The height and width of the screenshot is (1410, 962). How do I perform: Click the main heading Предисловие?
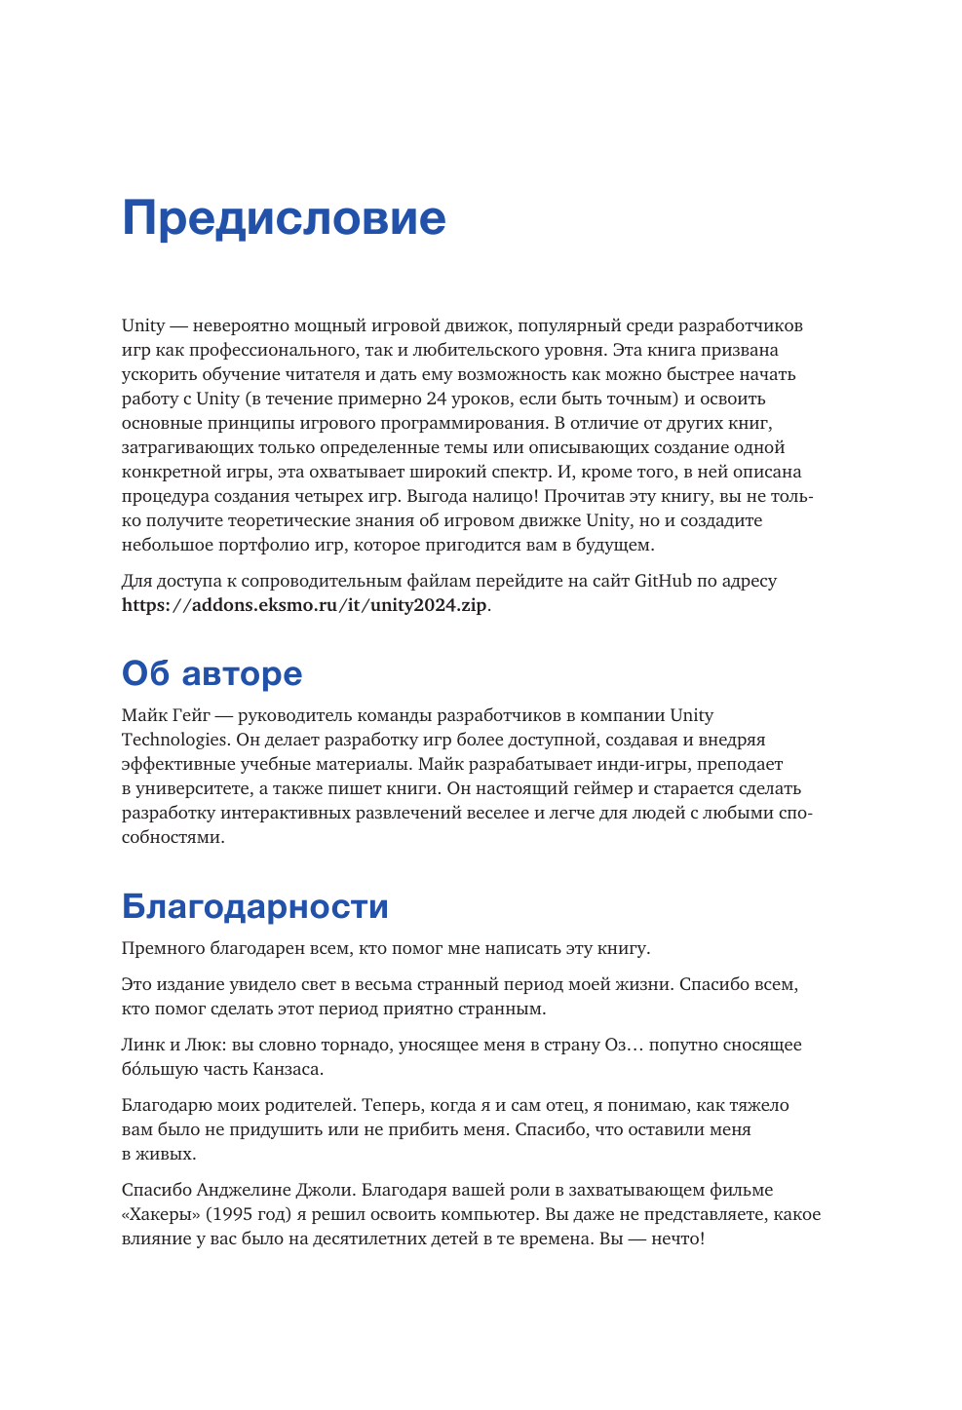pos(284,217)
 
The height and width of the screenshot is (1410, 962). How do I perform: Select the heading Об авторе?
pos(212,673)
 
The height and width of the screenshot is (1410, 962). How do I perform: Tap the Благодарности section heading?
pos(254,906)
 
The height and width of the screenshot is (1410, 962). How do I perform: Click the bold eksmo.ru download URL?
pos(304,605)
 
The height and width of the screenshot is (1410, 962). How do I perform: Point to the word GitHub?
pos(663,581)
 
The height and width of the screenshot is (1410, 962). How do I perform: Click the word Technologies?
pos(175,740)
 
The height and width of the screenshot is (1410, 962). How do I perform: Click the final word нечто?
pos(677,1239)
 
